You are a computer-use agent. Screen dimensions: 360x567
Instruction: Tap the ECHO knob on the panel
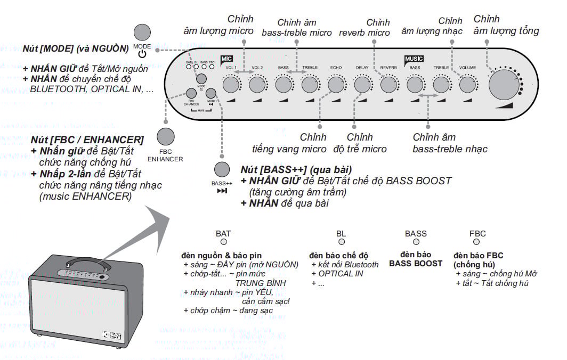click(336, 84)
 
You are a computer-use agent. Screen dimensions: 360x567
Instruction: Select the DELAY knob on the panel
click(362, 84)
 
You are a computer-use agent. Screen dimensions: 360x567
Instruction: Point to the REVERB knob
click(388, 84)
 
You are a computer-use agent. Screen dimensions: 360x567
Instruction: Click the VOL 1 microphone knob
click(231, 84)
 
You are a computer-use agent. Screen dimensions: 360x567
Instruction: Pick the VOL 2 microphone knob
click(257, 84)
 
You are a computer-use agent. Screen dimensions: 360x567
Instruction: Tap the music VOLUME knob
click(467, 84)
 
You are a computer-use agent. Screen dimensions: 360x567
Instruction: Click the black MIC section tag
click(226, 59)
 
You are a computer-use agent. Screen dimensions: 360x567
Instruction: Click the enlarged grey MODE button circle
click(142, 32)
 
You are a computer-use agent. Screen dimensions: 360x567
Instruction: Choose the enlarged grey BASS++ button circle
click(222, 169)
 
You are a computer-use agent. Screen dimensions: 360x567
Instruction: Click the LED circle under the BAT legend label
click(223, 242)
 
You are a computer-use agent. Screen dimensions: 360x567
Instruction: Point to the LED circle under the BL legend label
click(341, 242)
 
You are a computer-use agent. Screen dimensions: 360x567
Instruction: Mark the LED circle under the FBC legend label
click(476, 242)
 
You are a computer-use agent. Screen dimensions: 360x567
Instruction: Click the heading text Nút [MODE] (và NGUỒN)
click(76, 48)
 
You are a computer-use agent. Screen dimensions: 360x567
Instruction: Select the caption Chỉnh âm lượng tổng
click(506, 26)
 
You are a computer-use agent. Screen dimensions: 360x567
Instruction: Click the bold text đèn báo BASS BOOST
click(416, 259)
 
